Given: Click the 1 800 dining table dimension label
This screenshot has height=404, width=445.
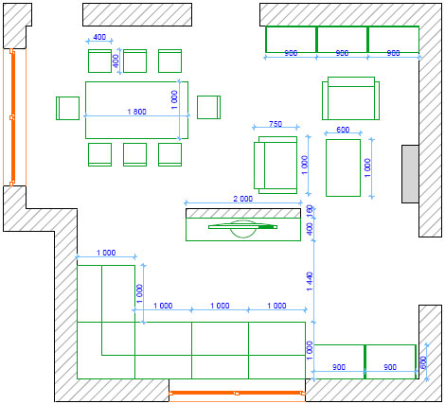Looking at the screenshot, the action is click(136, 112).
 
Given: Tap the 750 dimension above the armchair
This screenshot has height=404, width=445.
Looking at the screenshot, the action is click(276, 124).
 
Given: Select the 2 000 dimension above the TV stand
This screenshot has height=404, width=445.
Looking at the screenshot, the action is click(242, 199).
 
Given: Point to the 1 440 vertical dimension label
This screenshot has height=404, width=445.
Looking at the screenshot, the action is click(310, 281).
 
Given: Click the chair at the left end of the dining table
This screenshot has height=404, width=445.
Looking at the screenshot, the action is click(67, 108).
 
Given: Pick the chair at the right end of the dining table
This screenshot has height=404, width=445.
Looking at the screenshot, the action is click(208, 107).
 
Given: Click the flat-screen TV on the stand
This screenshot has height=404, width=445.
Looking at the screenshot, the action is click(242, 228).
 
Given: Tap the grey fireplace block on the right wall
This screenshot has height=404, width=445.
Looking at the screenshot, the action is click(410, 174).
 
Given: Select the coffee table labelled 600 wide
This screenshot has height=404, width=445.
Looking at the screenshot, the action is click(343, 167).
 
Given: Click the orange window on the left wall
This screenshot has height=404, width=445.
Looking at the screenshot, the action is click(13, 117).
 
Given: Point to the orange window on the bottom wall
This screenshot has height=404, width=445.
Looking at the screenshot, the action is click(237, 393).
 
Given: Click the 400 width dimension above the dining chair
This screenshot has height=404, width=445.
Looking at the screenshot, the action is click(99, 37).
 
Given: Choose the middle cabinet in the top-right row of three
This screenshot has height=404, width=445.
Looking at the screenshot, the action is click(342, 40).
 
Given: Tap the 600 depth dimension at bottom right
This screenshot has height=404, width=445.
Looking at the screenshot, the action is click(423, 362).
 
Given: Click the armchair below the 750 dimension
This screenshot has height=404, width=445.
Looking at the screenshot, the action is click(276, 165).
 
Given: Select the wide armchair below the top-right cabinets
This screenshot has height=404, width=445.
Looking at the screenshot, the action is click(350, 98).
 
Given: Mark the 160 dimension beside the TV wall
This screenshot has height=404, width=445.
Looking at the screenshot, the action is click(310, 210).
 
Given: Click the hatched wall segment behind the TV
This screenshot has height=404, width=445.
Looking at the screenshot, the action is click(243, 213).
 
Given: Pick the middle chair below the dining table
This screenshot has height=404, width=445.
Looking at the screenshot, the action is click(134, 154).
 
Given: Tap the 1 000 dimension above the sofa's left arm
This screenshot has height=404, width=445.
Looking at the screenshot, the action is click(106, 253).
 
